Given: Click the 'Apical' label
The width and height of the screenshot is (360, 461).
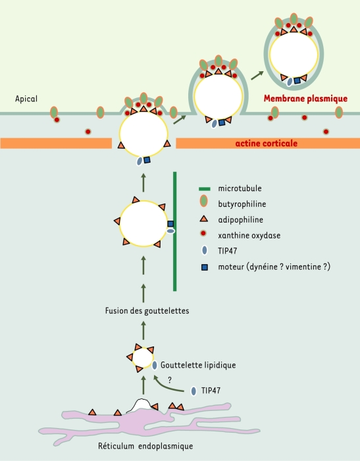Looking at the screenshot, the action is click(26, 99).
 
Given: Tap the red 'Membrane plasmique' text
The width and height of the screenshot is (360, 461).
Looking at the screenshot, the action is click(305, 99).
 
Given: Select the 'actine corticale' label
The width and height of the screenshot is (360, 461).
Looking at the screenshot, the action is click(267, 143).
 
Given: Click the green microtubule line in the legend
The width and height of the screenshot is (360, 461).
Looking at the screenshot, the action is click(204, 189).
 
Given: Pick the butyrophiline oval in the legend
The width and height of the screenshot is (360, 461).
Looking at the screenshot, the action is click(203, 202).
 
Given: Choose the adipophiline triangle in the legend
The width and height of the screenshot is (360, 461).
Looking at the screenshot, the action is click(203, 219).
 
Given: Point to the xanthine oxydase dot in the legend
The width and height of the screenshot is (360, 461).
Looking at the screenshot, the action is click(203, 233).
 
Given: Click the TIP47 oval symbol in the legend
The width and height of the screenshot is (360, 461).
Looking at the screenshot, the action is click(204, 250).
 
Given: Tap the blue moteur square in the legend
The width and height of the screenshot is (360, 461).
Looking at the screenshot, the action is click(204, 267).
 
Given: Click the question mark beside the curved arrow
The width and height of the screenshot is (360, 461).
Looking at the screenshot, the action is click(170, 380).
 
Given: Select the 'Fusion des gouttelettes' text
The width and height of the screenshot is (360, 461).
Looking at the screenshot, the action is click(147, 311).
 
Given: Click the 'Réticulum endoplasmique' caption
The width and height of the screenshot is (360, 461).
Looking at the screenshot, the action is click(145, 446).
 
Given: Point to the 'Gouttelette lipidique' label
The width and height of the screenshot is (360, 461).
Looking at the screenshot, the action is click(198, 365).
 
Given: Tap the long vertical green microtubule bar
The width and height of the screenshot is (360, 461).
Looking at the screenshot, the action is click(175, 231).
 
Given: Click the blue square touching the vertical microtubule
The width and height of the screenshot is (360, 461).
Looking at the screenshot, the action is click(170, 224).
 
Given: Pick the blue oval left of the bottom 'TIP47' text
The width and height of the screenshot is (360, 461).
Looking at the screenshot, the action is click(193, 391).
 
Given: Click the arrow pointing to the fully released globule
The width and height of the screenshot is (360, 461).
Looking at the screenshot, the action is click(257, 75).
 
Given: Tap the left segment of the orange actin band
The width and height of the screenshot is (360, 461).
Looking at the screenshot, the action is click(56, 143).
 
